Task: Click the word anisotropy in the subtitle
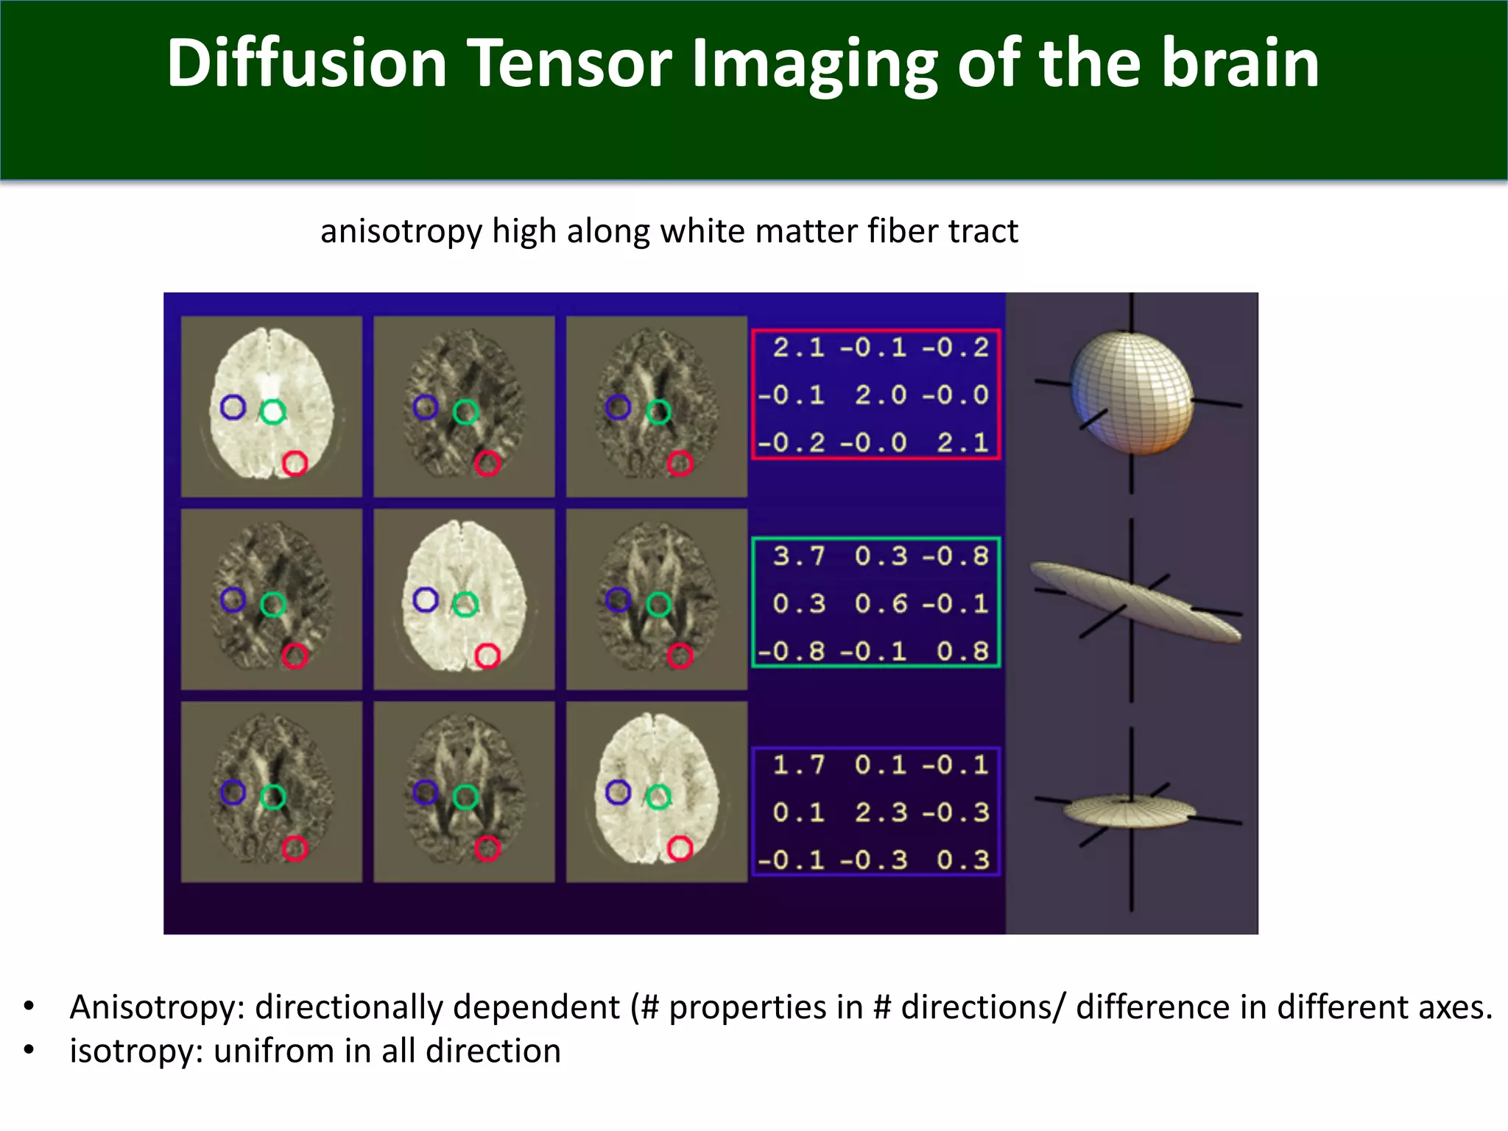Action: point(401,232)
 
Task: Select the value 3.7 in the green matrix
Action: point(798,557)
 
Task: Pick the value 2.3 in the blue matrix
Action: point(881,812)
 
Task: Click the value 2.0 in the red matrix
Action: point(881,395)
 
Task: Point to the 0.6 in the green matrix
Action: point(881,604)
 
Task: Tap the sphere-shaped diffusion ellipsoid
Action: point(1132,393)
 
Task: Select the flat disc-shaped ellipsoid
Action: point(1129,811)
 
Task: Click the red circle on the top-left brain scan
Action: point(295,464)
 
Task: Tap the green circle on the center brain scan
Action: point(465,605)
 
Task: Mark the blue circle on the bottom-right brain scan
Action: point(618,792)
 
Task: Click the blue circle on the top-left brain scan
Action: point(233,407)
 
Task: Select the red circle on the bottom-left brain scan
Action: point(295,848)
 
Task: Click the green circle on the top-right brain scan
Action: point(658,412)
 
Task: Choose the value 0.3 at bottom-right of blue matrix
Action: point(963,859)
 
